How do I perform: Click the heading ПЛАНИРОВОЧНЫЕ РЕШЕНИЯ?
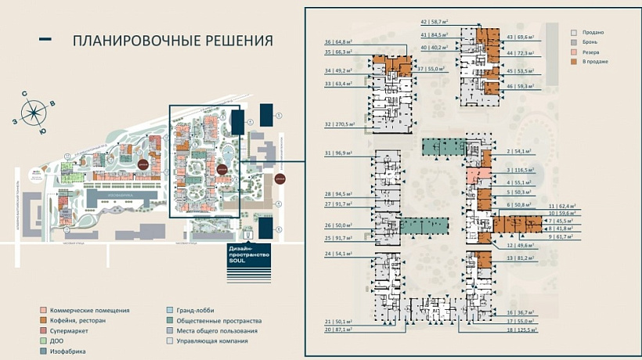(172, 40)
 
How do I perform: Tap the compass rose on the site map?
(34, 113)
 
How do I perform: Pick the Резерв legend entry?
(592, 52)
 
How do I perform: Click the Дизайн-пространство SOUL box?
(248, 256)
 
